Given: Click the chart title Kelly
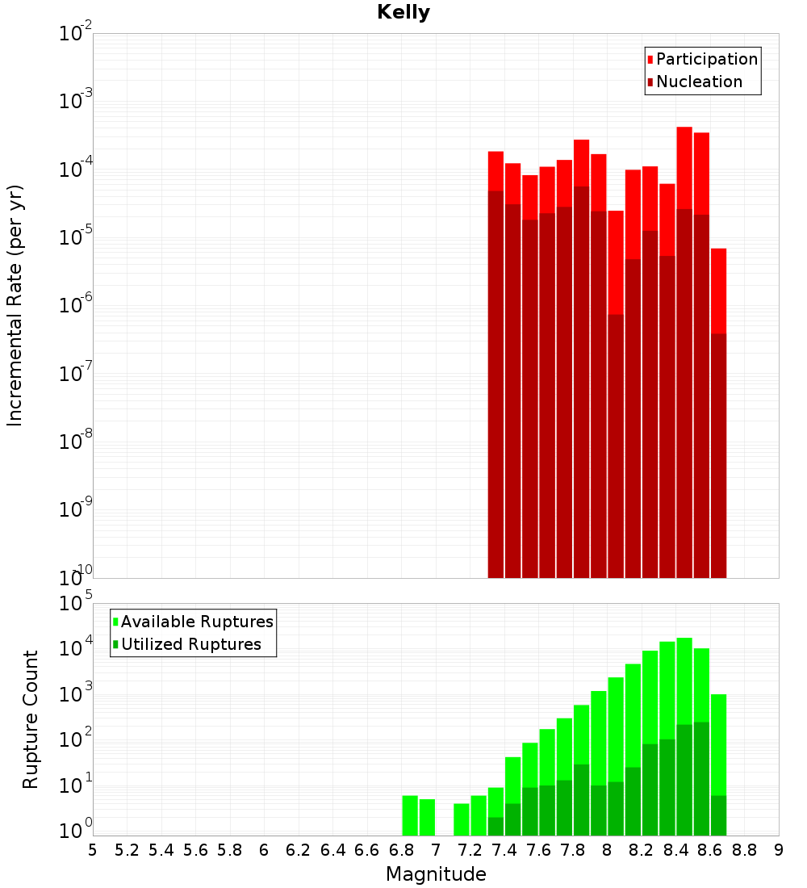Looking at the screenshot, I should (x=403, y=13).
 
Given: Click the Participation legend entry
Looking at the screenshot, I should (x=707, y=59).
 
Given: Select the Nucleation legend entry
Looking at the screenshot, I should (x=699, y=82).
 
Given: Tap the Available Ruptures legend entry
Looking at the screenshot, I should (x=197, y=622).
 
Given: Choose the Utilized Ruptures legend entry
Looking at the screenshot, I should (x=190, y=644).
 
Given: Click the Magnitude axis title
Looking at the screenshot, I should (x=436, y=874).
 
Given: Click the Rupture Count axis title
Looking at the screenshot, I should (x=31, y=718).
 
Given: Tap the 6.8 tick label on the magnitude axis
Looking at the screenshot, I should (x=401, y=850).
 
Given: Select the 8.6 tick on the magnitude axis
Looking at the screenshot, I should (x=710, y=850).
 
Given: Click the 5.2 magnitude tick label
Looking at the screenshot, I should (x=127, y=850).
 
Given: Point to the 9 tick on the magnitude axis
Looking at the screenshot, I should (x=779, y=850).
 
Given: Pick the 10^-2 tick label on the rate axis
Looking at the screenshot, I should (x=74, y=34).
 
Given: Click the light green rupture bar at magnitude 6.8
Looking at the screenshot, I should (x=410, y=815).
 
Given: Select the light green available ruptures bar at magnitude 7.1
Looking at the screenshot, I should (x=462, y=819).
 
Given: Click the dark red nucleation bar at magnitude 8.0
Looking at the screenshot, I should (x=616, y=444).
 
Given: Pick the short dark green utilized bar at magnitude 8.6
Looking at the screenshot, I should (x=718, y=815).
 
